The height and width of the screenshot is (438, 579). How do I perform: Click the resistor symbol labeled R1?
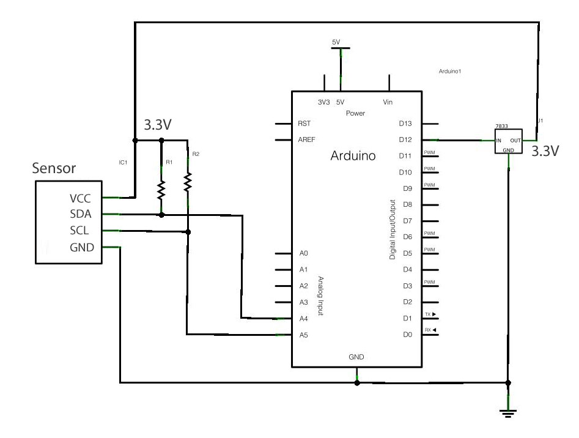[x=161, y=190]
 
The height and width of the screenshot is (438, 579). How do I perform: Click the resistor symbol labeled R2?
[x=188, y=181]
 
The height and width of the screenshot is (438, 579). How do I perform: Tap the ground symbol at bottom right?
[x=507, y=414]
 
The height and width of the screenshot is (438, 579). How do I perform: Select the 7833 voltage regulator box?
[x=508, y=141]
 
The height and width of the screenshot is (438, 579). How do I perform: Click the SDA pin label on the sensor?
[x=81, y=213]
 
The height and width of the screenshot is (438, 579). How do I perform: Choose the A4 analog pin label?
[x=303, y=318]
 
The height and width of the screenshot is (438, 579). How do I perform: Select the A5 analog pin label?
[x=303, y=335]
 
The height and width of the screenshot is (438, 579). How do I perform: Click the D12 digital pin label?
[x=406, y=139]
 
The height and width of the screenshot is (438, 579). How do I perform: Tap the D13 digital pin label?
[x=406, y=124]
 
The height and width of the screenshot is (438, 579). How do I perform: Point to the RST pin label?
[x=304, y=124]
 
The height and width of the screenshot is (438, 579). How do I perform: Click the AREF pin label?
[x=306, y=139]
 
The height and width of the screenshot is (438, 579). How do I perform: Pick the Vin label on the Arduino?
[x=388, y=102]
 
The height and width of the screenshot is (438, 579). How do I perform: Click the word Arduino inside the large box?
[x=353, y=156]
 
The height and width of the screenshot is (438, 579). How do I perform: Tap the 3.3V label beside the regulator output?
[x=545, y=151]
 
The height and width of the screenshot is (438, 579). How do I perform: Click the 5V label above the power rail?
[x=336, y=42]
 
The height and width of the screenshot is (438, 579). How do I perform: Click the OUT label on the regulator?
[x=516, y=140]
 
